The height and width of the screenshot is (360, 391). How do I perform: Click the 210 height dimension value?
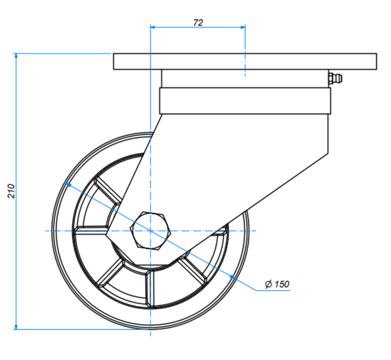click(12, 191)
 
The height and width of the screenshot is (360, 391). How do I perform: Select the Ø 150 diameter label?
click(277, 284)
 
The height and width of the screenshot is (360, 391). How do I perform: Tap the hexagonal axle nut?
click(150, 230)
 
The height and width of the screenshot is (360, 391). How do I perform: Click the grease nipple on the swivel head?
click(335, 79)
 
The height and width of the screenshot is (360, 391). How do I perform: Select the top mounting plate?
click(245, 61)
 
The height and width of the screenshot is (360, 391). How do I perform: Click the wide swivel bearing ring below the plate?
click(244, 101)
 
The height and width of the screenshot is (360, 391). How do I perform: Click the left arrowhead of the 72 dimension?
click(154, 27)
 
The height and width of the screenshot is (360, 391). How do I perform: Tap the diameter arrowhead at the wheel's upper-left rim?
click(68, 184)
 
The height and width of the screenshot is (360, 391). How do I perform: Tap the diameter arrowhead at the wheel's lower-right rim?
click(232, 277)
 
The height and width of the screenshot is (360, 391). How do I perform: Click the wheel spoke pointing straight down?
click(150, 288)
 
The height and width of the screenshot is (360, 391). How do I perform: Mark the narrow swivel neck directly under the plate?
click(244, 79)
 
